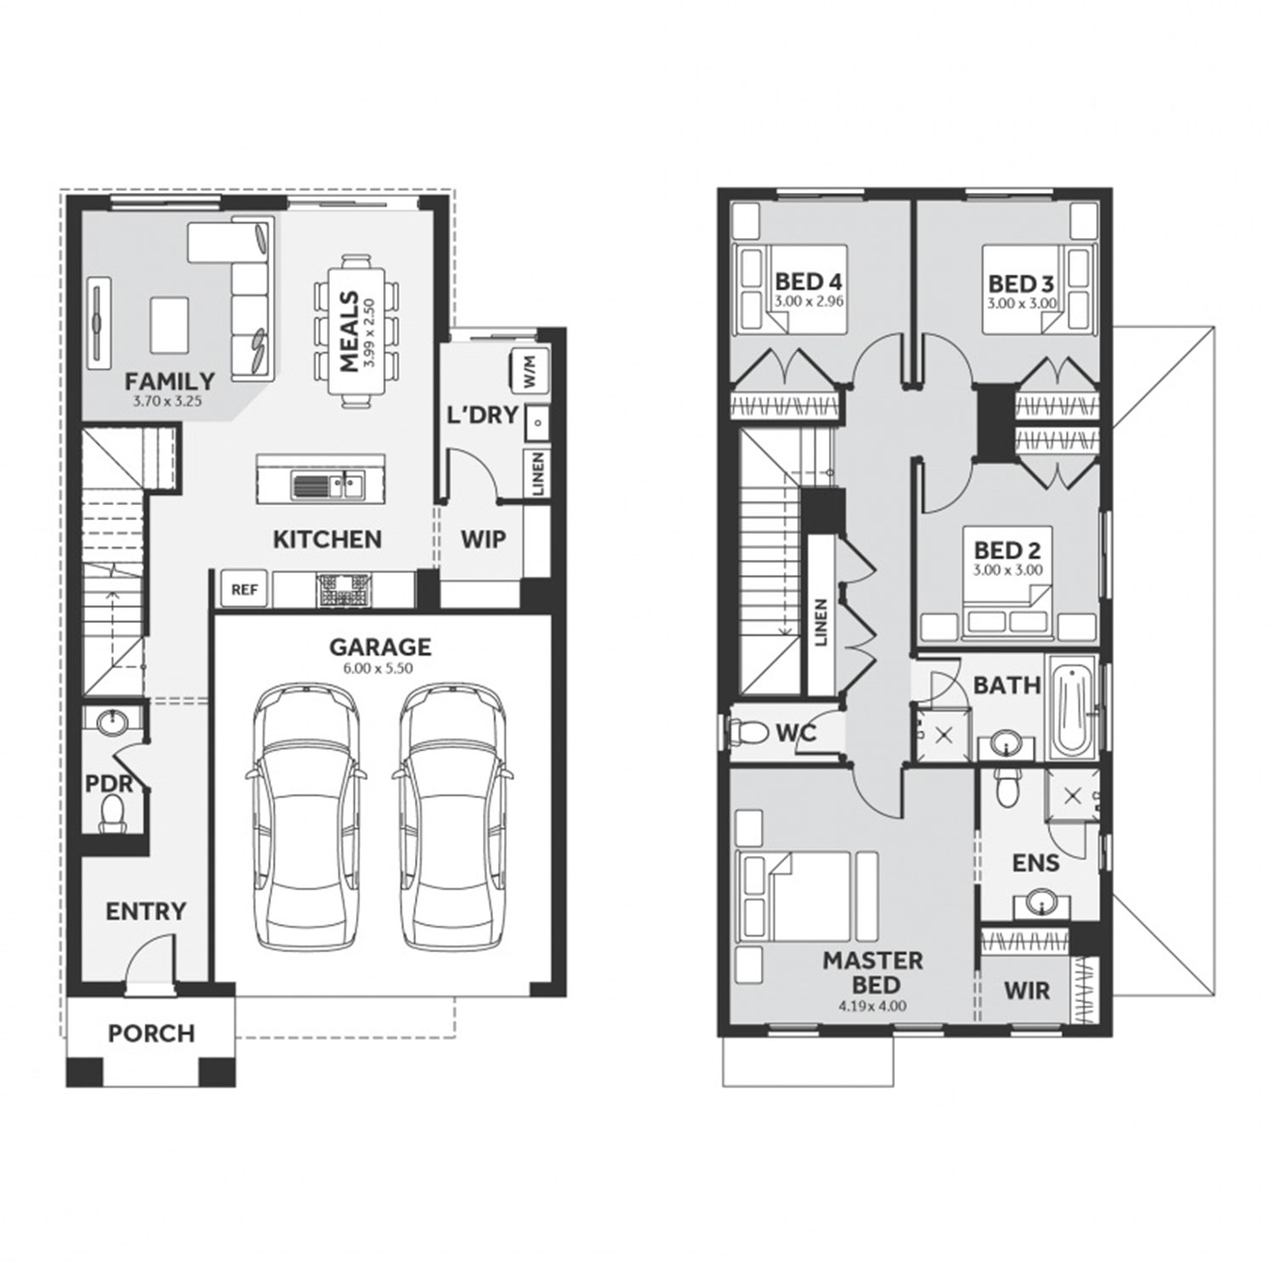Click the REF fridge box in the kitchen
point(244,589)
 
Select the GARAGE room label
point(380,648)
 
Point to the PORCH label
point(151,1034)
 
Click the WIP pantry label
point(483,539)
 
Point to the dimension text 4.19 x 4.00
point(873,1006)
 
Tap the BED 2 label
point(1007,551)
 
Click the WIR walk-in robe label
point(1027,990)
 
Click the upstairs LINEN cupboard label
point(820,623)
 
